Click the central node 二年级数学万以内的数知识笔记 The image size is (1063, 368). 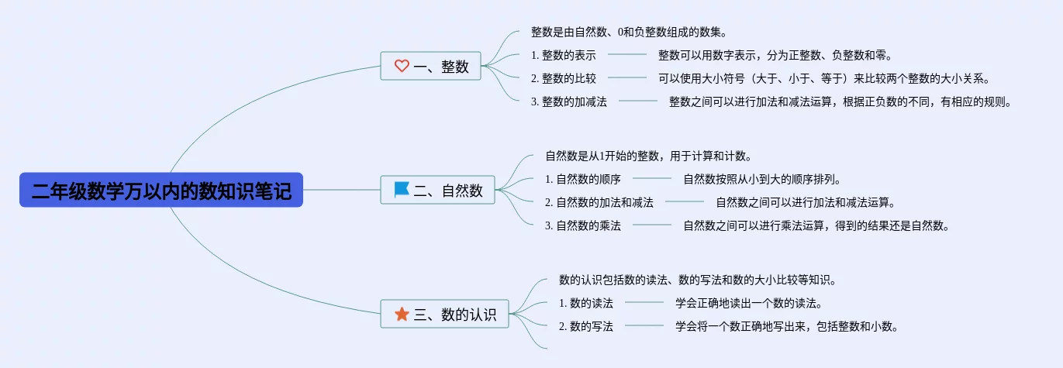tap(161, 190)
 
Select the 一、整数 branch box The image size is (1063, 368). tap(430, 67)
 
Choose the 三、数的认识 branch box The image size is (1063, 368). tap(444, 314)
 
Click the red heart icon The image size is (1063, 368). tap(402, 67)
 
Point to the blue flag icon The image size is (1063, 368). tap(402, 190)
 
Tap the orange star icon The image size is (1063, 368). tap(402, 314)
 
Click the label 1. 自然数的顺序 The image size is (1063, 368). tap(582, 179)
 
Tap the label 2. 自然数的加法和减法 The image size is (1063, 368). tap(599, 202)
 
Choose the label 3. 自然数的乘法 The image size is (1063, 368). tap(582, 225)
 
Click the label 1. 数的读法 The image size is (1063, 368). tap(585, 303)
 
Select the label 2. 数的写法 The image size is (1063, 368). tap(585, 326)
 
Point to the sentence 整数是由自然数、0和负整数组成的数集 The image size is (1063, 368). tap(629, 33)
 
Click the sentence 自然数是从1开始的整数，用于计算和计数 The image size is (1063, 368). tap(648, 156)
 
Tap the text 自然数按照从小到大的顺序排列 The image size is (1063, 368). tap(762, 179)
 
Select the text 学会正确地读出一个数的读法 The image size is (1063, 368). tap(748, 303)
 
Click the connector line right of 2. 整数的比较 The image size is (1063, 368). tap(627, 78)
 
